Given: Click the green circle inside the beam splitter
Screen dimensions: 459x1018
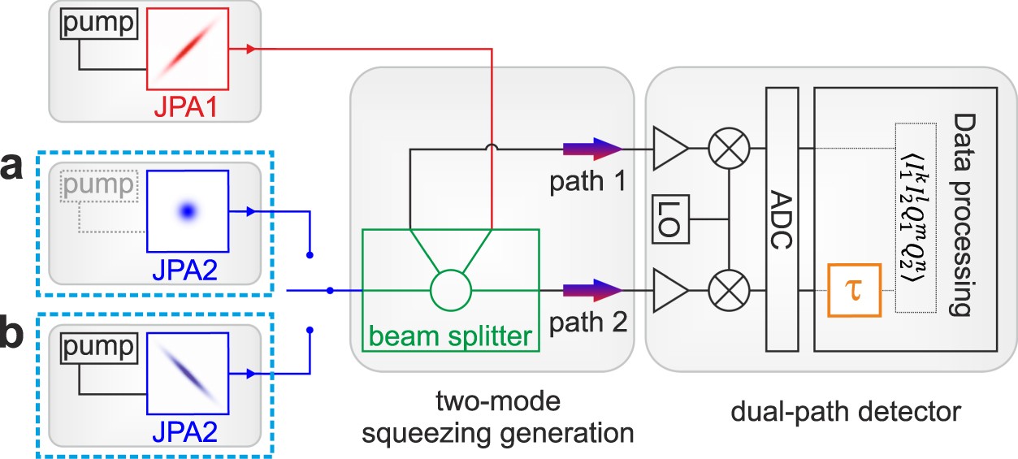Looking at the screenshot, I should pyautogui.click(x=450, y=290).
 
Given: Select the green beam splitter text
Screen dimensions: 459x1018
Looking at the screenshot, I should pyautogui.click(x=451, y=334).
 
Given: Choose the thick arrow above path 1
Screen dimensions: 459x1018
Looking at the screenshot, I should pyautogui.click(x=591, y=149).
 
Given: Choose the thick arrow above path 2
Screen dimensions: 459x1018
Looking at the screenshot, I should pyautogui.click(x=591, y=290).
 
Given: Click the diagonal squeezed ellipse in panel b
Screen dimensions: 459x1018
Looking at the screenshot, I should pyautogui.click(x=187, y=370).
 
